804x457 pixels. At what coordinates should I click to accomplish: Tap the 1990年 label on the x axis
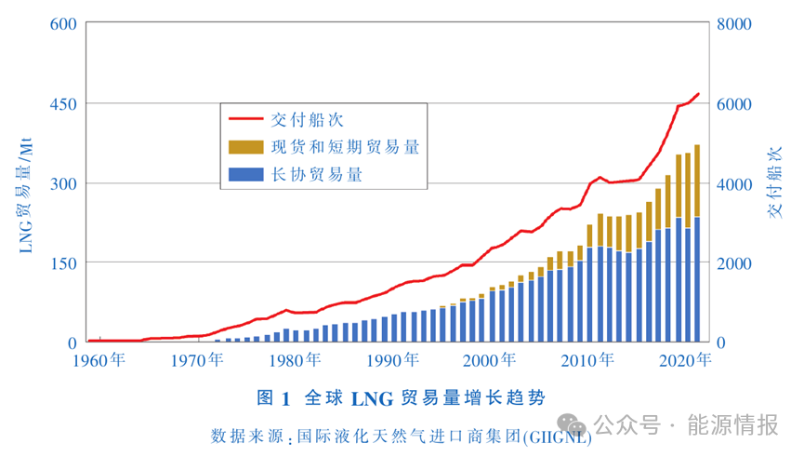click(x=391, y=360)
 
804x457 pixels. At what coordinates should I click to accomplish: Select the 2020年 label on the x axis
click(x=691, y=360)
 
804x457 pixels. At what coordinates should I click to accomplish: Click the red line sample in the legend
click(x=245, y=120)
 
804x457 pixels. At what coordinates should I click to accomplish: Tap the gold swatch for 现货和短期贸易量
click(x=245, y=146)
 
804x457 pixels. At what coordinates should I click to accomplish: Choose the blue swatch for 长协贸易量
click(x=245, y=173)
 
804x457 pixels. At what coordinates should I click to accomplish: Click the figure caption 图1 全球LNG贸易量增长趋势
click(x=402, y=398)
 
